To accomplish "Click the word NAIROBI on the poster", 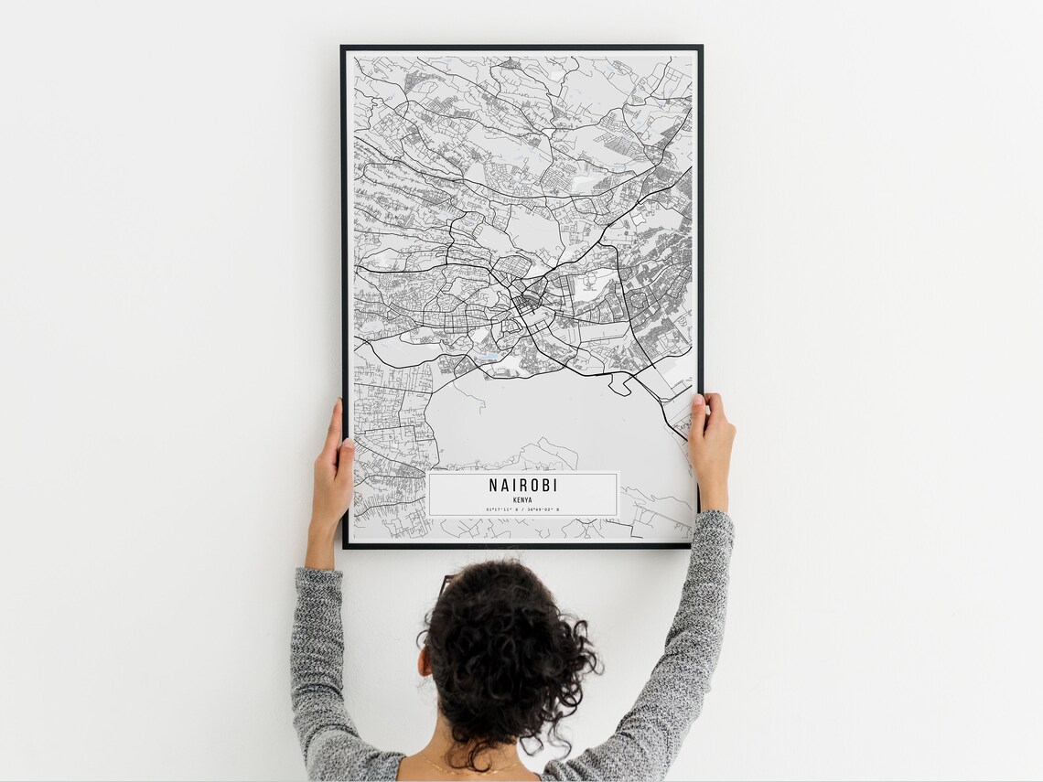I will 522,486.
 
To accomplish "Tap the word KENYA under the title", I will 522,499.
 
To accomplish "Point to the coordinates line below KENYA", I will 522,509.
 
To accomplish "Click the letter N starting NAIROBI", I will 494,486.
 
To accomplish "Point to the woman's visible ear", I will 424,660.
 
